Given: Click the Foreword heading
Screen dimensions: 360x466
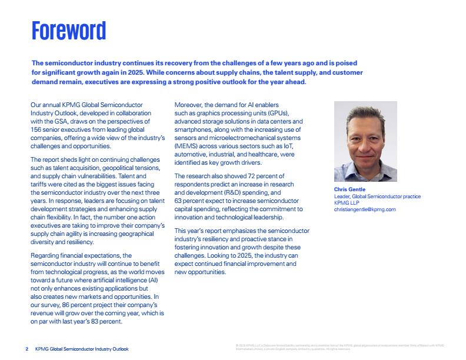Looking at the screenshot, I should pos(69,30).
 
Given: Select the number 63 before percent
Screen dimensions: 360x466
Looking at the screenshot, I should pos(179,201).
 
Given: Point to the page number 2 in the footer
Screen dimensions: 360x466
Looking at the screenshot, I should pos(27,349).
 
